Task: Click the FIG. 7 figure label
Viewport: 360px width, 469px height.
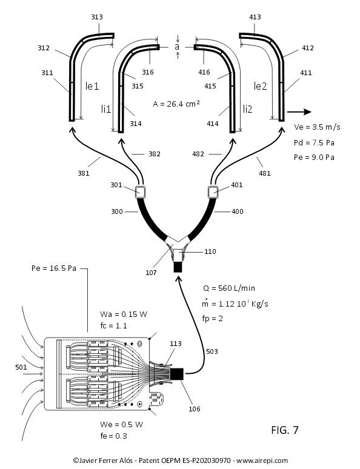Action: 285,430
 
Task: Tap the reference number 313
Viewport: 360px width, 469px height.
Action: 97,17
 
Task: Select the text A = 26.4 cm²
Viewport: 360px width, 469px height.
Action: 176,104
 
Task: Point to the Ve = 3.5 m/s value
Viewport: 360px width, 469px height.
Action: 317,127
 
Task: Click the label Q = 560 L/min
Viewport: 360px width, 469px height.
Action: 229,288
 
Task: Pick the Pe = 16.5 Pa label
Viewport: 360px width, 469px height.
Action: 54,268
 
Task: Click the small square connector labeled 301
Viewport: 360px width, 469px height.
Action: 141,192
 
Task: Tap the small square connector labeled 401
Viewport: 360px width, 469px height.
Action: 213,191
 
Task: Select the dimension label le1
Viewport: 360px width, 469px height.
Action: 92,86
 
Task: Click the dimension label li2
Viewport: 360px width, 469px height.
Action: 247,109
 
